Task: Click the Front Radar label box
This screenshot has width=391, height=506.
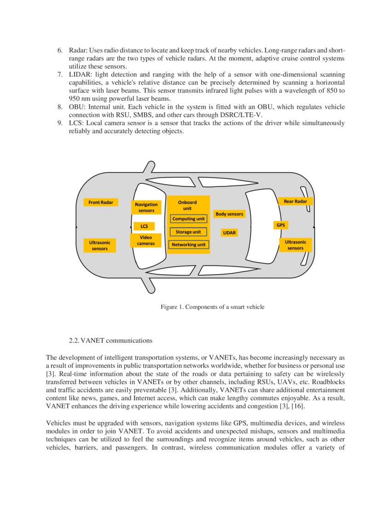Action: (101, 202)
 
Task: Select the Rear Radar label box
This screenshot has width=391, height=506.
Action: (295, 201)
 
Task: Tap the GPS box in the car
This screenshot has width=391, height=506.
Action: (280, 225)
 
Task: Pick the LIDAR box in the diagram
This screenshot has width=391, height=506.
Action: (229, 233)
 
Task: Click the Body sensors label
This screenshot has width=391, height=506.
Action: (229, 214)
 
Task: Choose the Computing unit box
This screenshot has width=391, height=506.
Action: (189, 219)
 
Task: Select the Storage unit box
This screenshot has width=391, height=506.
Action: (189, 232)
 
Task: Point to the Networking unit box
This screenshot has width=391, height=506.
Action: (189, 245)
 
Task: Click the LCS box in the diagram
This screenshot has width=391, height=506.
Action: (144, 226)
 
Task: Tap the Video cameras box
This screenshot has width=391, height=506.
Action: (146, 240)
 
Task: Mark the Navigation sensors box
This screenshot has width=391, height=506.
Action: (146, 207)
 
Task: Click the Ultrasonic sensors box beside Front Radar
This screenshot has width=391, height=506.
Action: (99, 245)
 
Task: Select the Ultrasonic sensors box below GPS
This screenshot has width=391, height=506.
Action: (295, 245)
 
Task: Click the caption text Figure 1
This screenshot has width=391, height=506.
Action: (212, 307)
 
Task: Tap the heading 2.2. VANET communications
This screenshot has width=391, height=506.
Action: (110, 341)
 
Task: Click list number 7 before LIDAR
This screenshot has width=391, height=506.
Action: (60, 75)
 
